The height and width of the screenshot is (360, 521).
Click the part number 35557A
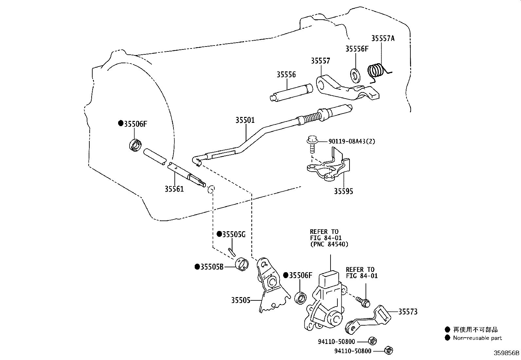[x=383, y=38]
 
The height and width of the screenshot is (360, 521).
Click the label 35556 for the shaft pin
[x=286, y=75]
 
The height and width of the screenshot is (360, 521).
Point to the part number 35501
[x=245, y=120]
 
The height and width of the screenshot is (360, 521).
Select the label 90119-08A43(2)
[x=352, y=141]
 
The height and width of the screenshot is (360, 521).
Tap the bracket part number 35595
[x=343, y=191]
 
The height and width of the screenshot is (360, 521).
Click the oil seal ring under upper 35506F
[x=135, y=145]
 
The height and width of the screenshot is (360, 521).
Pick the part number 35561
[x=174, y=189]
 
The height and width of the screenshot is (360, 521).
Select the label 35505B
[x=211, y=267]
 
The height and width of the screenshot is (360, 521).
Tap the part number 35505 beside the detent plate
[x=241, y=300]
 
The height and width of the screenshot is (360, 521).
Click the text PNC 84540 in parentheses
[x=329, y=244]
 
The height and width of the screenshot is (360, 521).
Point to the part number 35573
[x=408, y=312]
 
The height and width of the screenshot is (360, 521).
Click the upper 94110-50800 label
[x=336, y=342]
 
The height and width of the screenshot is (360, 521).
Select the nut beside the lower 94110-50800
[x=388, y=351]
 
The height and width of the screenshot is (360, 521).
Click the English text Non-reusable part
[x=477, y=338]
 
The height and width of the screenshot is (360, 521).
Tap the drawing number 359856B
[x=506, y=353]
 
